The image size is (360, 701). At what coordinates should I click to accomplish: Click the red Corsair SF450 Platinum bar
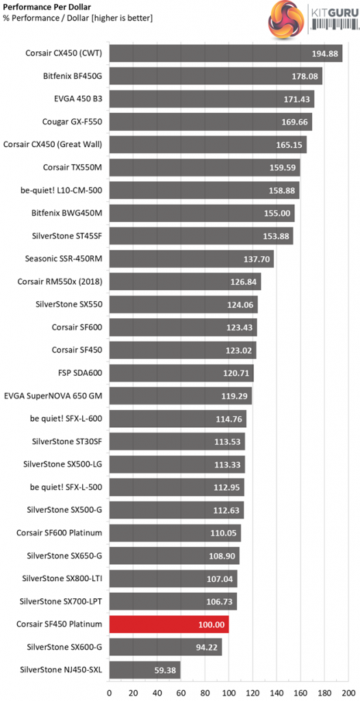169,624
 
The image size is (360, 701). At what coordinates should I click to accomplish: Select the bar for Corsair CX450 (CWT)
226,53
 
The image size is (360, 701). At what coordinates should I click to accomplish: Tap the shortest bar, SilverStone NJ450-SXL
144,670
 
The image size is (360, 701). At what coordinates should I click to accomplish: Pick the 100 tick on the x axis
229,692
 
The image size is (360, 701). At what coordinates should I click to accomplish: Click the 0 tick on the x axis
109,692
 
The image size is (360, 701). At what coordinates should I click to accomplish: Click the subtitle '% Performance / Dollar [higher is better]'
78,18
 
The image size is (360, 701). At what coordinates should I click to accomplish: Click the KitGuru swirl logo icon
285,21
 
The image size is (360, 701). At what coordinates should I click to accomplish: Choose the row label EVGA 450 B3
77,99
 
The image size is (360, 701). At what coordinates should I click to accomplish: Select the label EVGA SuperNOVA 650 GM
53,396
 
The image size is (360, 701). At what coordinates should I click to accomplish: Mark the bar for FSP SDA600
181,373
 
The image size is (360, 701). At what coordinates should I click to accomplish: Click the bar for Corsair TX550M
205,168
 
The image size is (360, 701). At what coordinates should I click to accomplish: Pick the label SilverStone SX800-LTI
62,578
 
